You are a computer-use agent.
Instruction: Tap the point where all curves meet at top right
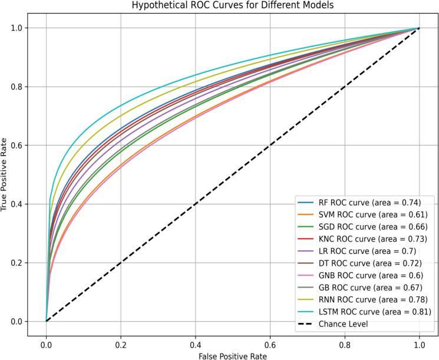[x=419, y=28]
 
